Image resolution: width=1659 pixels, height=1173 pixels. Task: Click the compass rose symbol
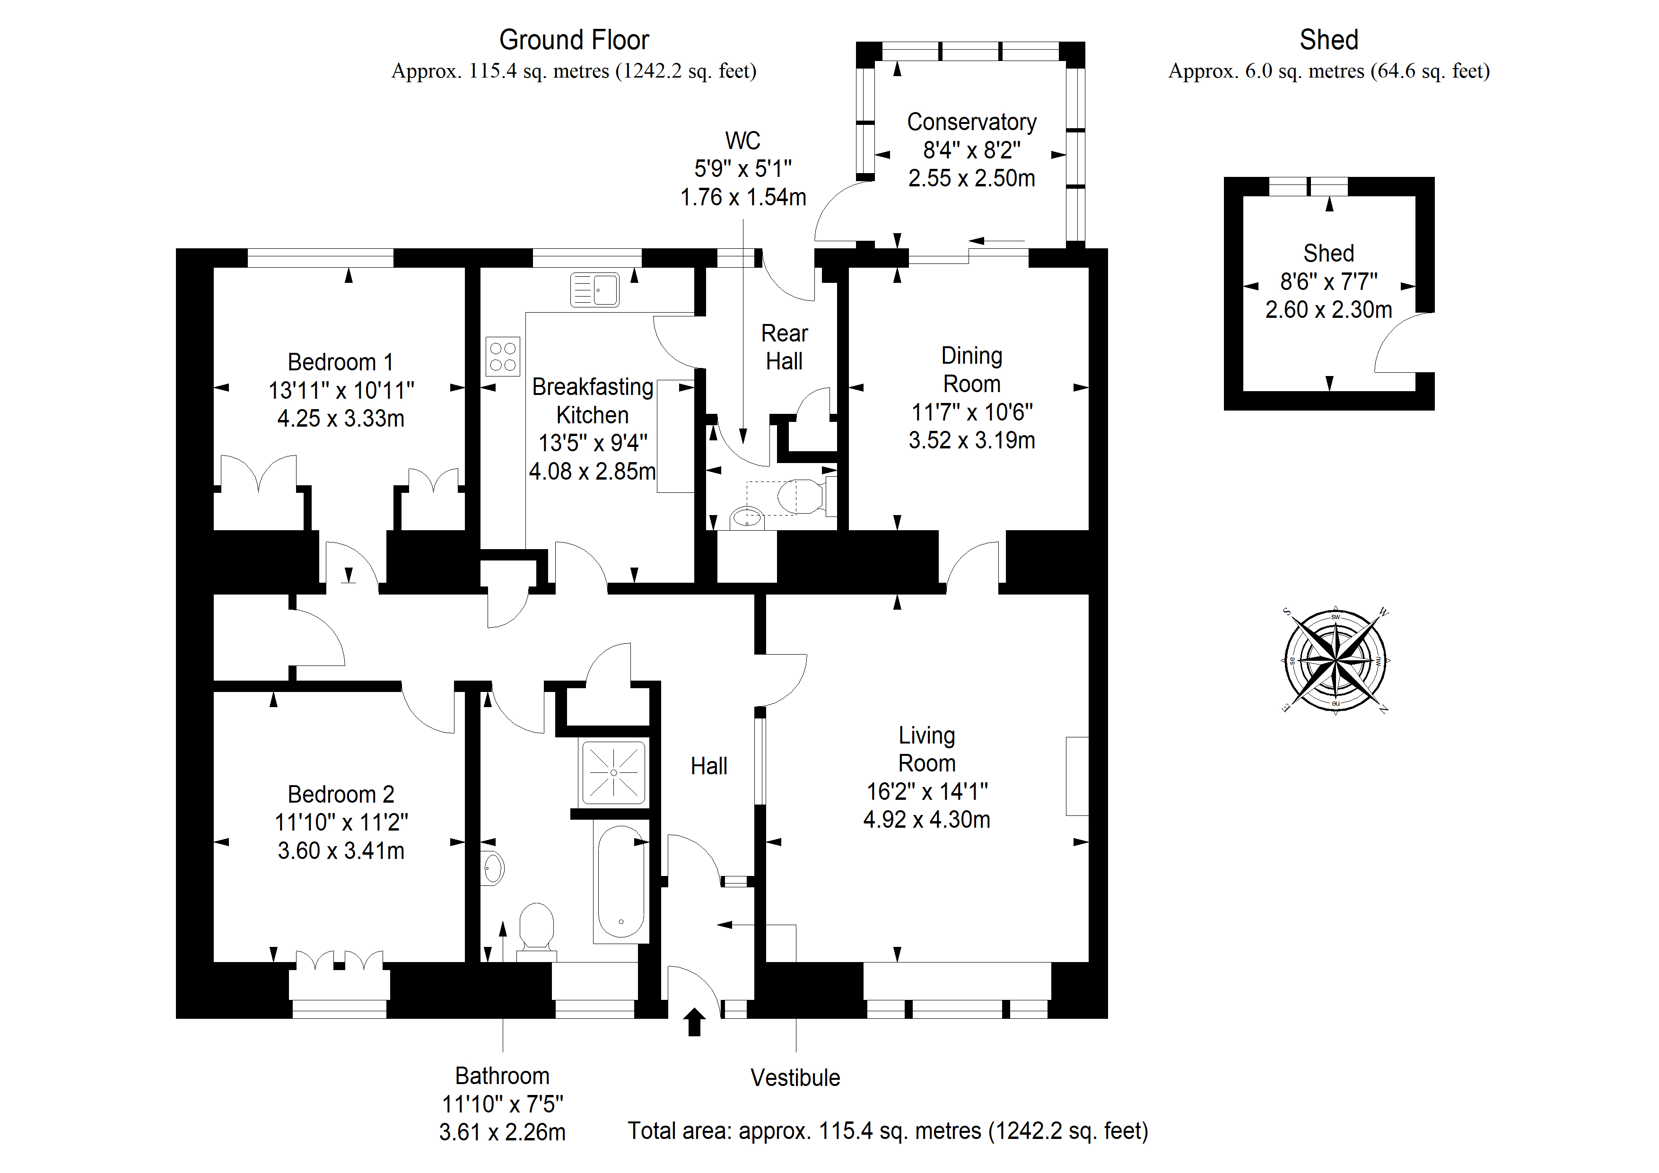[1336, 660]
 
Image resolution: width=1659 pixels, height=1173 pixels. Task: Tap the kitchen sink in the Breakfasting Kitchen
[594, 290]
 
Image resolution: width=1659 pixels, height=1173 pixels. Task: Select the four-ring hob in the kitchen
[503, 356]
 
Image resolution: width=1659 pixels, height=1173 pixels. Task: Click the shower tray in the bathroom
[613, 772]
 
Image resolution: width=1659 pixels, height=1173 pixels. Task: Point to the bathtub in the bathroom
[620, 882]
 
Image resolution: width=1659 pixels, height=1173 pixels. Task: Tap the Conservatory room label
[972, 122]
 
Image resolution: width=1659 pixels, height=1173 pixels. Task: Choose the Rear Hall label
[785, 347]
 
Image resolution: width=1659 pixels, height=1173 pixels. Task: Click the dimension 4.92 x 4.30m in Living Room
[926, 820]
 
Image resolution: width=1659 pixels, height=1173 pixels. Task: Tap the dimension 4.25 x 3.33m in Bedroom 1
[341, 419]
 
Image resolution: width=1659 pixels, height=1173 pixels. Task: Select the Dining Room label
[972, 369]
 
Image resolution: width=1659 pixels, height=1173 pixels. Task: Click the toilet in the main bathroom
[536, 931]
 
